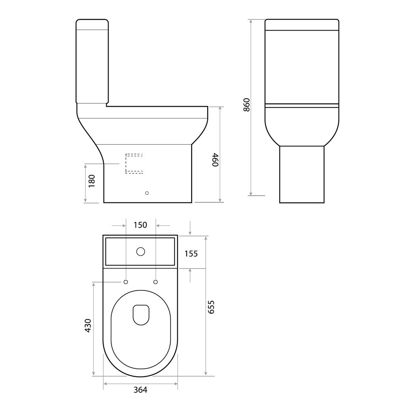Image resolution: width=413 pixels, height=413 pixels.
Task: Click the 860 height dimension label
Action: tap(247, 106)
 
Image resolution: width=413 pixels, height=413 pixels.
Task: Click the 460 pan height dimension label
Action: tap(214, 160)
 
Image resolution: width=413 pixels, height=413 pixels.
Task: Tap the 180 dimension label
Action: tap(92, 180)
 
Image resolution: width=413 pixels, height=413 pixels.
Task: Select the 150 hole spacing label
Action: tap(140, 225)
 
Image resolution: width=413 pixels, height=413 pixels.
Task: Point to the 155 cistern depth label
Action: tap(191, 253)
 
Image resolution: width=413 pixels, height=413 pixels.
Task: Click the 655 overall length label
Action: tap(211, 308)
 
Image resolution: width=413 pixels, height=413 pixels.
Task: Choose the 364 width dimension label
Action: tap(140, 390)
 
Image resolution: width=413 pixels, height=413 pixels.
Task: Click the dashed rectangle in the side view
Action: tap(134, 164)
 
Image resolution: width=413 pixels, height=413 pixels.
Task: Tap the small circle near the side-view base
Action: tap(147, 192)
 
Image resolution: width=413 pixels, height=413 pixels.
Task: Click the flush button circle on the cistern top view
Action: tap(140, 251)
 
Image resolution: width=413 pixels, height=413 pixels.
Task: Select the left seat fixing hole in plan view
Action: tap(125, 282)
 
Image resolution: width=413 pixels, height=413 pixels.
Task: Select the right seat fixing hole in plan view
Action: tap(156, 282)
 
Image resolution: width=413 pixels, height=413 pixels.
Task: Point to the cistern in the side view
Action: tap(92, 61)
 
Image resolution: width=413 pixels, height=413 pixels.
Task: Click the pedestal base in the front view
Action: tap(301, 174)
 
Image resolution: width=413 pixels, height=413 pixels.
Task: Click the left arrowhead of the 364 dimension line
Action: tap(105, 383)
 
